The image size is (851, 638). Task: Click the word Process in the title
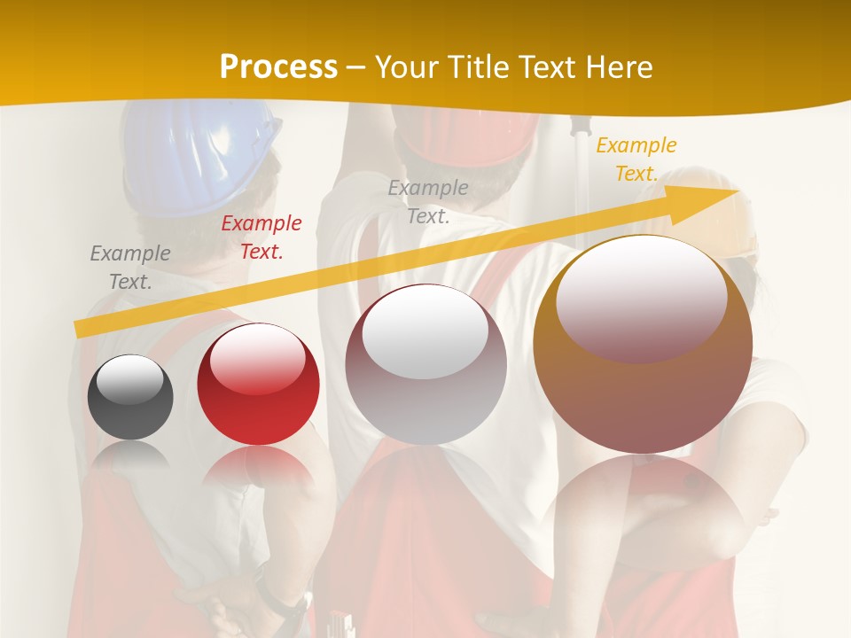(x=278, y=67)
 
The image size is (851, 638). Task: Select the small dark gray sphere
(x=130, y=398)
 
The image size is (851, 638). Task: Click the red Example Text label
(x=262, y=237)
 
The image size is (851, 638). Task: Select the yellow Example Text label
(x=636, y=159)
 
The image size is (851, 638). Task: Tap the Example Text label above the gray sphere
(x=130, y=268)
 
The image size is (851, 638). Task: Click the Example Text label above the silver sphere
(x=428, y=201)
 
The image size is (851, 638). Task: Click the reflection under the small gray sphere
(x=130, y=454)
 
